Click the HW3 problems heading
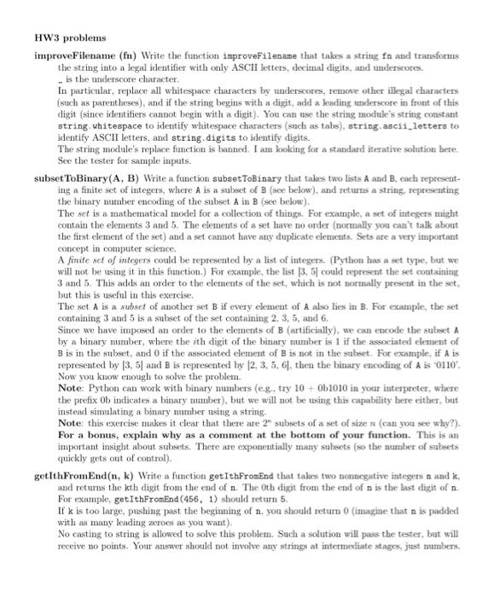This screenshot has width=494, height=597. point(70,38)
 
